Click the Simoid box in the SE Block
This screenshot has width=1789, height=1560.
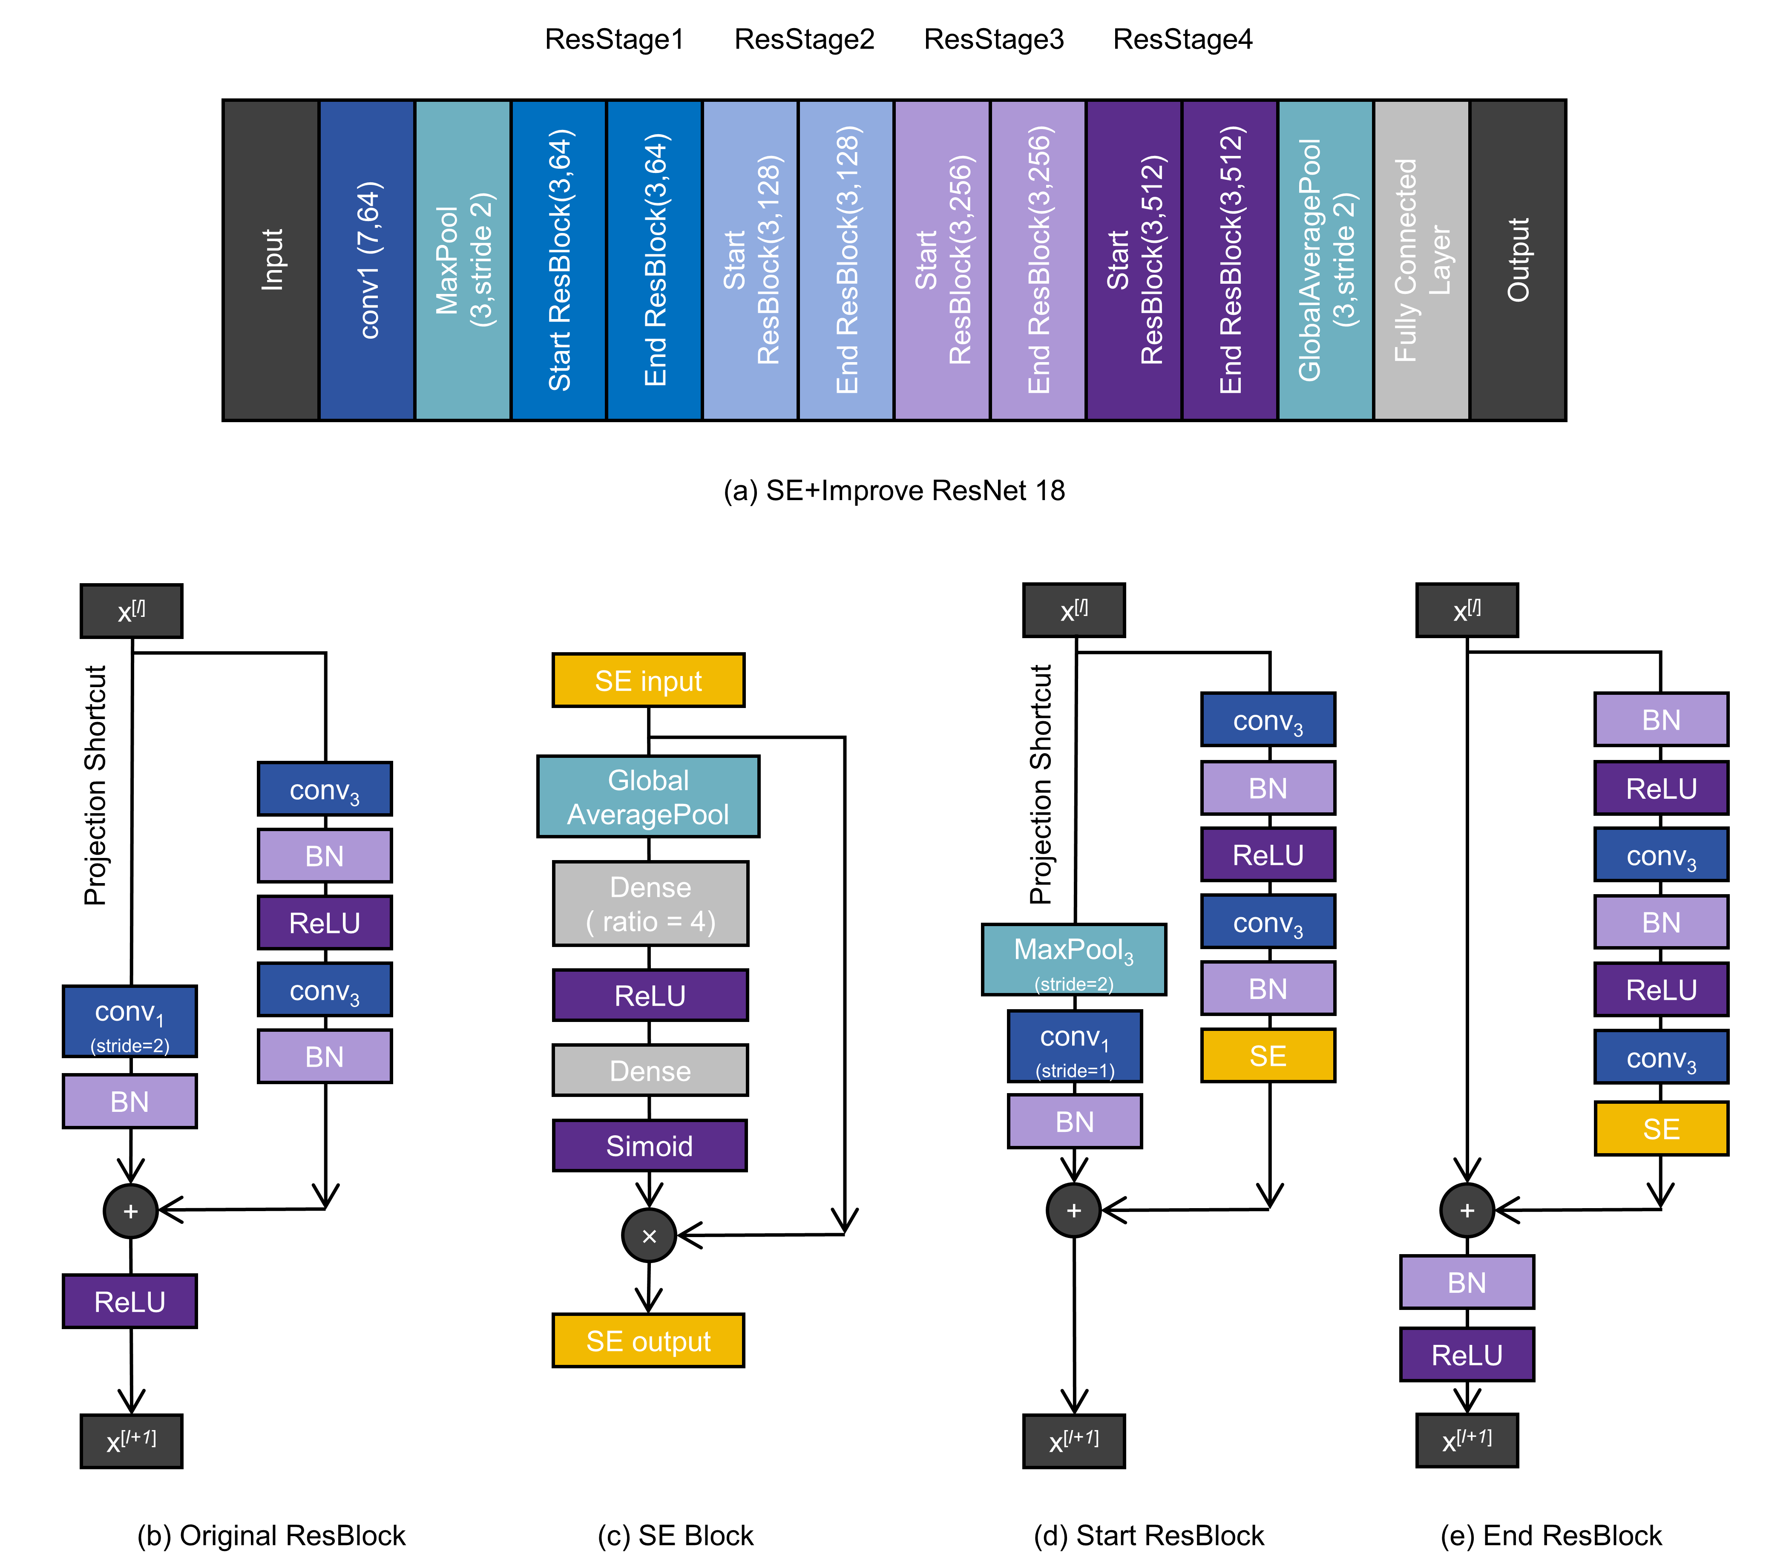pos(650,1146)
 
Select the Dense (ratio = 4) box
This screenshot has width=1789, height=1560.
pos(650,904)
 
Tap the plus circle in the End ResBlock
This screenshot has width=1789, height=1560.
pos(1467,1210)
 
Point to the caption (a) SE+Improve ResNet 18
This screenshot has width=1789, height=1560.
pos(894,491)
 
